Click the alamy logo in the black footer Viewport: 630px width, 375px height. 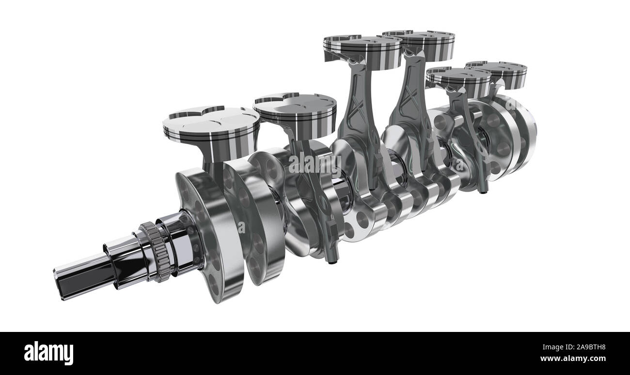[x=48, y=353]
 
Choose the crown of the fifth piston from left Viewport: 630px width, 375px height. [x=458, y=75]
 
